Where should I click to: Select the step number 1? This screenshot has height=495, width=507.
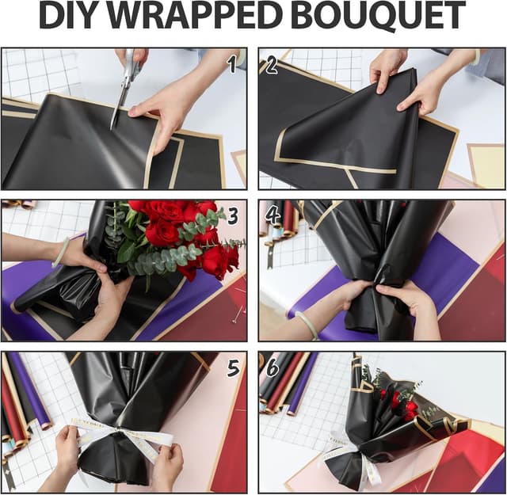pos(231,64)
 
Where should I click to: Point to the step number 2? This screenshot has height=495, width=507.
pos(272,64)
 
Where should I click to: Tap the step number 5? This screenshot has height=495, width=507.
pos(233,367)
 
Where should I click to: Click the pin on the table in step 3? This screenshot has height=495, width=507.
pos(234,316)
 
